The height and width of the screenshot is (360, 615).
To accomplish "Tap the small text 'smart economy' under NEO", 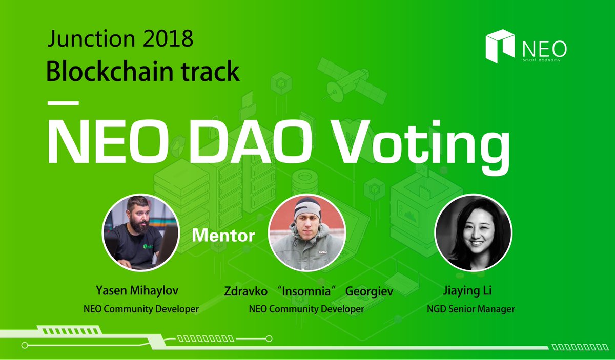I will tap(541, 60).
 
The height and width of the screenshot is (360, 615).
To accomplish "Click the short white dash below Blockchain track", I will tap(63, 102).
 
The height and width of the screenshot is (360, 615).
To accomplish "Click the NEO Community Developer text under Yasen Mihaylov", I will tap(140, 309).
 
